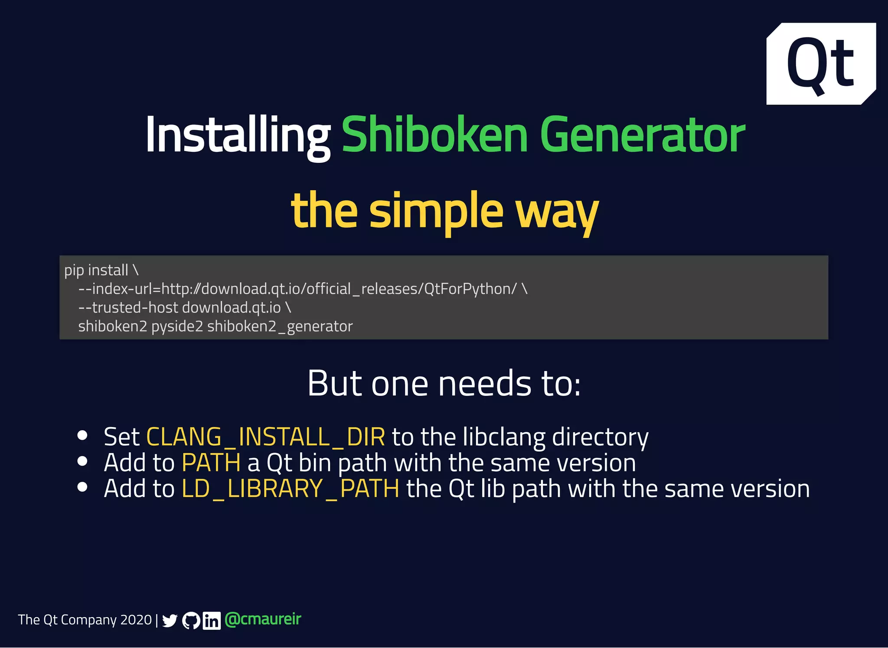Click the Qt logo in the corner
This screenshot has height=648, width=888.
(821, 63)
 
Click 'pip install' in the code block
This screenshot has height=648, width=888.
(96, 270)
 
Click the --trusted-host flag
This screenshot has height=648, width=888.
(128, 308)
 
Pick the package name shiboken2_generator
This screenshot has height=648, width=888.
(280, 326)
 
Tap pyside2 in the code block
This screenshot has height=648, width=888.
(177, 326)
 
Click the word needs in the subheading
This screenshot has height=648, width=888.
(484, 384)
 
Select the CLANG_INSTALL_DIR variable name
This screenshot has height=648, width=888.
(265, 437)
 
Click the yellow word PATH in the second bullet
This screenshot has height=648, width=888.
(211, 463)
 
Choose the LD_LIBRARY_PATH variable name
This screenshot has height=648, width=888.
(290, 489)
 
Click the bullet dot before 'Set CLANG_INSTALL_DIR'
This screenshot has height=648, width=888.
(82, 435)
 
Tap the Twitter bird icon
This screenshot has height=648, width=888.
(170, 621)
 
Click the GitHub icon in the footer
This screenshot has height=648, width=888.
(191, 621)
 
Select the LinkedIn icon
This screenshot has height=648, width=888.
(212, 621)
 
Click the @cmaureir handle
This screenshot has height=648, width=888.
(263, 619)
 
